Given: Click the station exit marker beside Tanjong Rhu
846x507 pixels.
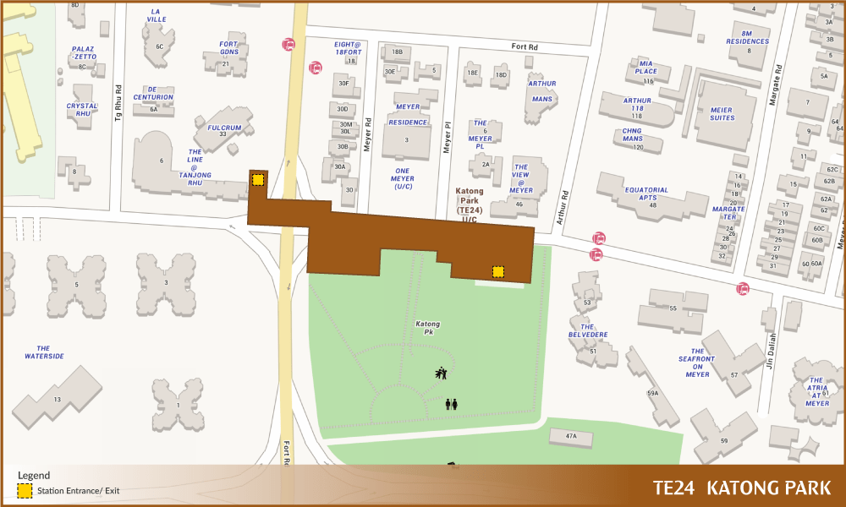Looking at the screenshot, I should [x=258, y=179].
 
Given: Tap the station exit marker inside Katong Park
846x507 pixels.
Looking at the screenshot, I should [x=498, y=271].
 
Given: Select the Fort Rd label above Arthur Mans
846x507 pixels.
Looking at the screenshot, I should [x=525, y=47].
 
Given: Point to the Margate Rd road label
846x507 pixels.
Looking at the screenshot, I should [x=772, y=85].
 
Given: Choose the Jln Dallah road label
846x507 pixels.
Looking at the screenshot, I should [x=771, y=351].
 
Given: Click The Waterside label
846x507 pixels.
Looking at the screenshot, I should [x=44, y=352].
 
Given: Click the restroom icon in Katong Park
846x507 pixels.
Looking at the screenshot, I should [x=451, y=404].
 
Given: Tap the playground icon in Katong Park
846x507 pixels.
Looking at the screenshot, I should [x=441, y=373].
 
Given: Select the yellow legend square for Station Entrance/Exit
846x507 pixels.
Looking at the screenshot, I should [x=25, y=490].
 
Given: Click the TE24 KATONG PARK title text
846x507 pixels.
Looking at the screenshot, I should [x=742, y=488].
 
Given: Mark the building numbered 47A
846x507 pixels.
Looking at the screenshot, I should [x=571, y=436].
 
